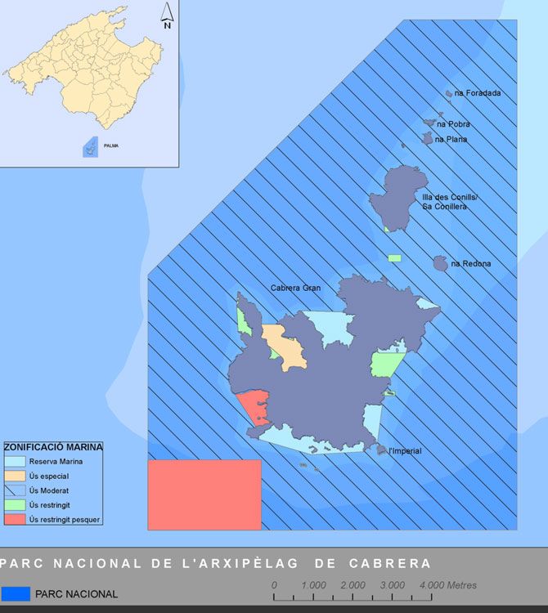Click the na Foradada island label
[478, 93]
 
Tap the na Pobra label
[453, 124]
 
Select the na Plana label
[451, 140]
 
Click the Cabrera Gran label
[295, 288]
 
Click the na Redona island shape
[441, 263]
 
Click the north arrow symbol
[167, 16]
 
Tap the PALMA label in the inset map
[110, 145]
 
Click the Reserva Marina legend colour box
[15, 462]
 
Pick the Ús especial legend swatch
[15, 476]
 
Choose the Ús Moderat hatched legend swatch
[15, 490]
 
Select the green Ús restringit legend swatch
[15, 504]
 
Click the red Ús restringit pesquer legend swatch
[15, 519]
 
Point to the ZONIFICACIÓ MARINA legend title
[53, 447]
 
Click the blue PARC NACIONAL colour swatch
[16, 593]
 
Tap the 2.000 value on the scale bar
[353, 585]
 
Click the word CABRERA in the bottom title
[389, 564]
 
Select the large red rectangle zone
[204, 494]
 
